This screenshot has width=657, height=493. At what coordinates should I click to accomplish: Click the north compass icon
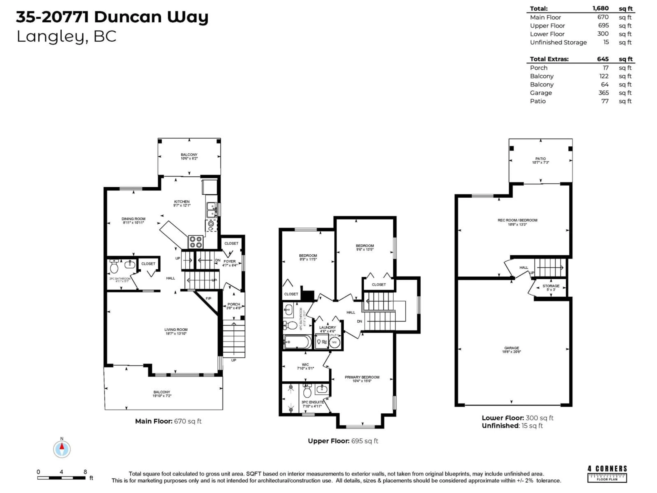(62, 449)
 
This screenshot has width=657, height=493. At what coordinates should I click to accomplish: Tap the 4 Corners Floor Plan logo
(607, 474)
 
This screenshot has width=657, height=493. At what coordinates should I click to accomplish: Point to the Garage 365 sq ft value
(604, 93)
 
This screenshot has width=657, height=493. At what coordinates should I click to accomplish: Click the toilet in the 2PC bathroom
(114, 267)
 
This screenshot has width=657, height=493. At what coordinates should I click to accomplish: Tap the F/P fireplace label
(208, 298)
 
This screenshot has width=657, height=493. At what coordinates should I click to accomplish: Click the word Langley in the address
(50, 37)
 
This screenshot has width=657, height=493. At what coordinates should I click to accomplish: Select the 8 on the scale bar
(85, 472)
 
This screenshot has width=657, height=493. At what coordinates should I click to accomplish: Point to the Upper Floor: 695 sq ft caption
(343, 441)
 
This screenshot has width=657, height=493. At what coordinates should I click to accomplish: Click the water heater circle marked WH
(334, 342)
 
